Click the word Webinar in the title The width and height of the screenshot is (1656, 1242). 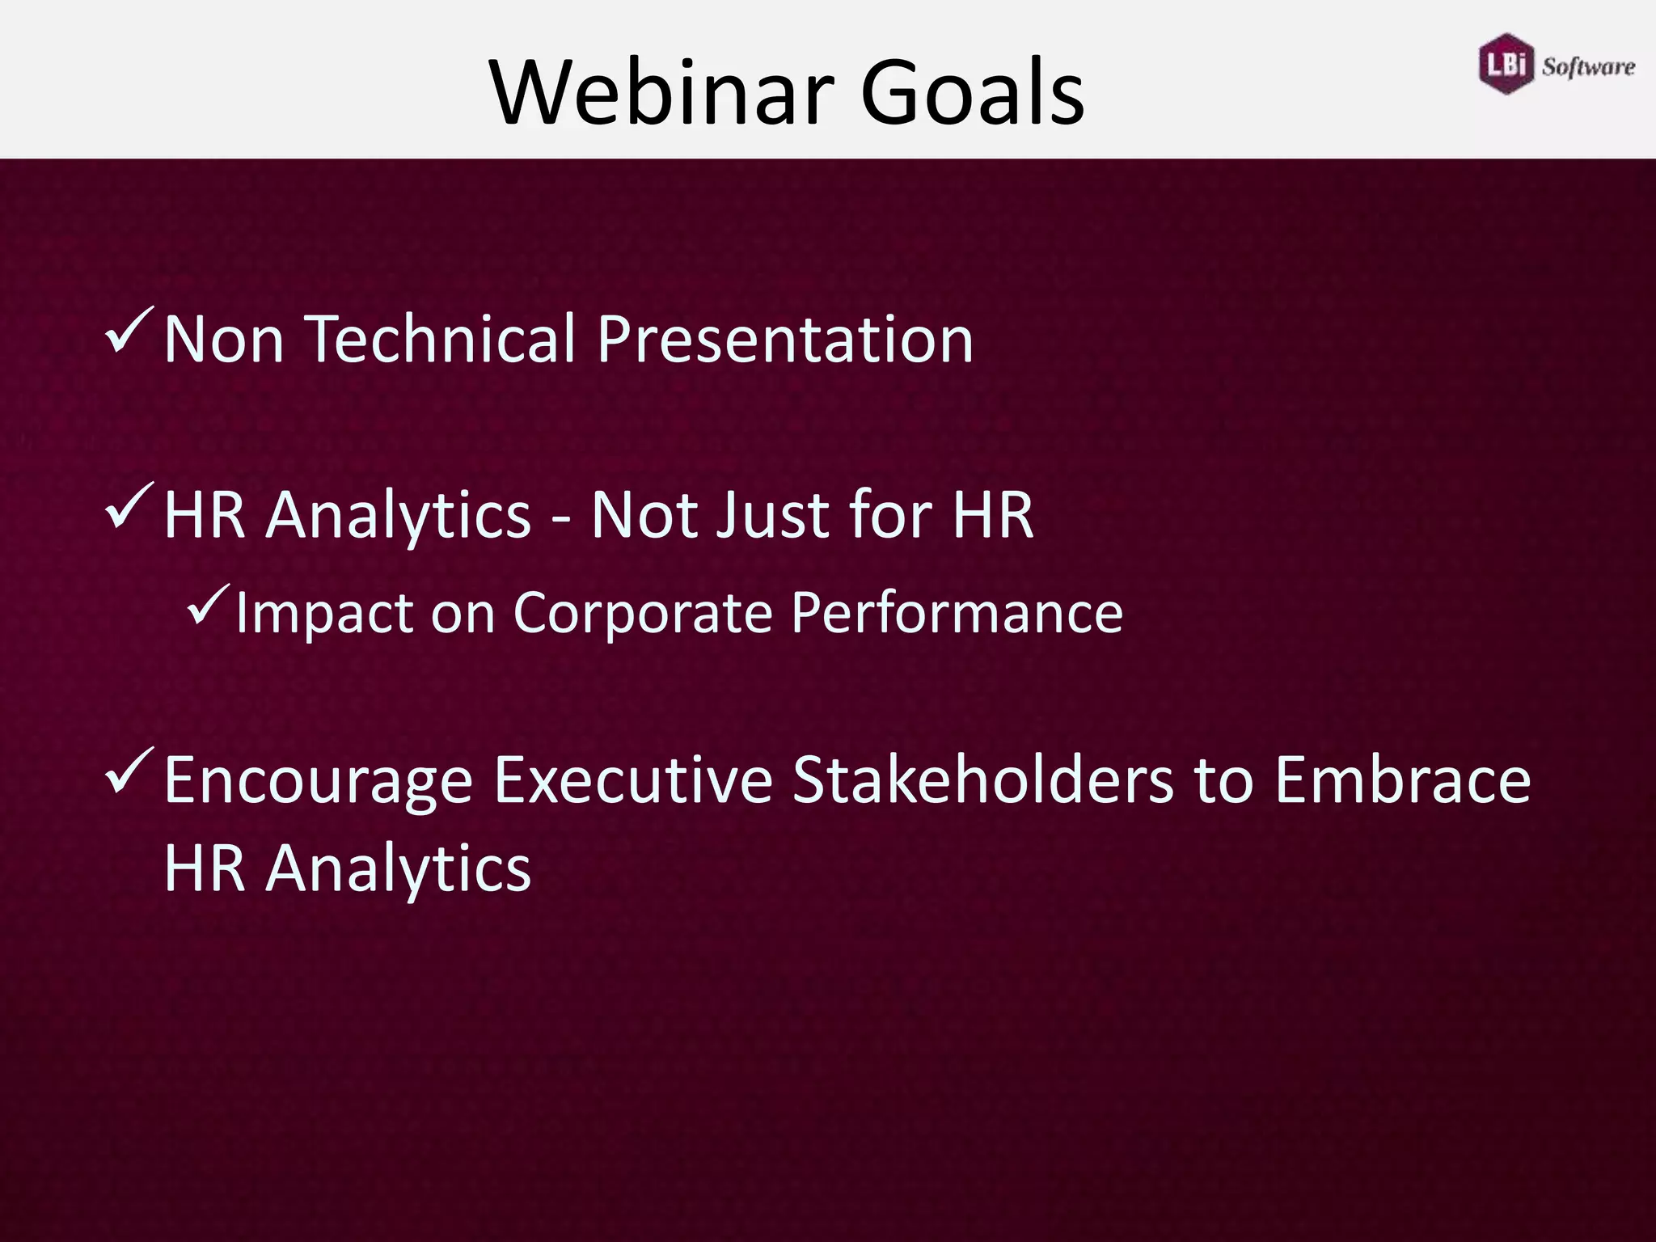663,91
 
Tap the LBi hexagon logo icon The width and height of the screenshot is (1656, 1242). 1506,64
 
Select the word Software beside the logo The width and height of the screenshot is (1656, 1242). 1587,67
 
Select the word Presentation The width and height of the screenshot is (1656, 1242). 785,340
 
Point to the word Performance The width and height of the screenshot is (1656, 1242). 957,613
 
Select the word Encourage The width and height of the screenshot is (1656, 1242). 318,782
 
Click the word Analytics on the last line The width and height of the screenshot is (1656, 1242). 399,869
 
